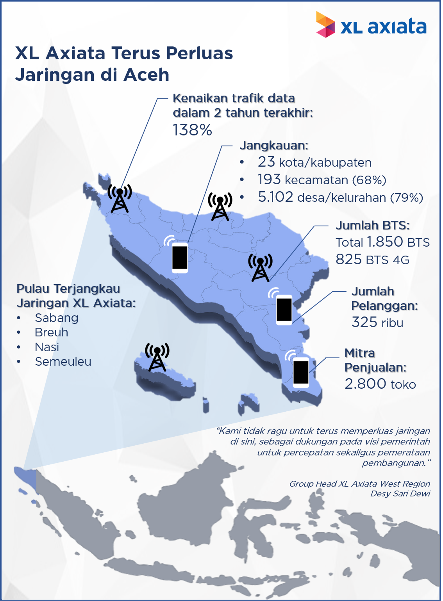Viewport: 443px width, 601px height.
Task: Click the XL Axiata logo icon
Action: (325, 25)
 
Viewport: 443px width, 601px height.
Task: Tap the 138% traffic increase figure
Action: (192, 130)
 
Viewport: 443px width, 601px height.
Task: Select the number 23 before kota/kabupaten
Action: (266, 162)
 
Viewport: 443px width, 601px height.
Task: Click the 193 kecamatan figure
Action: (269, 180)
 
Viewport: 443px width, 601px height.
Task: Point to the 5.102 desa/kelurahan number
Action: (275, 197)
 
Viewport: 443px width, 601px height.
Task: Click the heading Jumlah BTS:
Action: (372, 226)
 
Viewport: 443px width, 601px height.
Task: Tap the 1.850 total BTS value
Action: (384, 242)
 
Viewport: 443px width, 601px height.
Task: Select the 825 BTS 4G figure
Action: (348, 260)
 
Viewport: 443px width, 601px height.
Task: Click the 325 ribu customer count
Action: (377, 322)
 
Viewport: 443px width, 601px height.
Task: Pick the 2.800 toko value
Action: (366, 384)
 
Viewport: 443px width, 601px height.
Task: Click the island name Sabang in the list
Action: (57, 318)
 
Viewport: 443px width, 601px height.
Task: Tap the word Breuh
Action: (52, 333)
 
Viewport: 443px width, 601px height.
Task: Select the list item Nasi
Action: (47, 347)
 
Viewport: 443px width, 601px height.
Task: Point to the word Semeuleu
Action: (63, 362)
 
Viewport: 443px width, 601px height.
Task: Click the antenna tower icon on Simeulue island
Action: (157, 357)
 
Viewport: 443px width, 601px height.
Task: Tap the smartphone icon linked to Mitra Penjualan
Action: (300, 372)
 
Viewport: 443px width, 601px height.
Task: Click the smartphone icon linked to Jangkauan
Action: (180, 257)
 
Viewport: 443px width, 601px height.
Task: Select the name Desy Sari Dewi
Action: (400, 494)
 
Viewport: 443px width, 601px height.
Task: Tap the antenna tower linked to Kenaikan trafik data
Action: (120, 199)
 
